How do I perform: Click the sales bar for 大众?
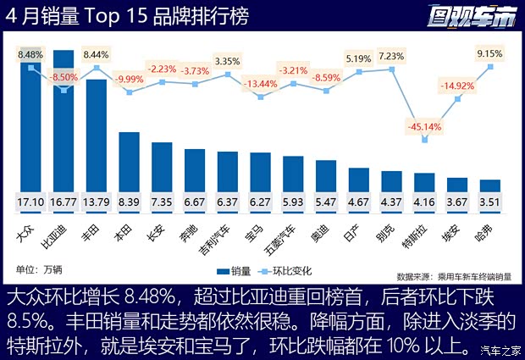click(31, 127)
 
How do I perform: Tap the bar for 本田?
click(129, 165)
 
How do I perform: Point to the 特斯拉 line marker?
click(424, 140)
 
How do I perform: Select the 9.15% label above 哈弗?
click(489, 53)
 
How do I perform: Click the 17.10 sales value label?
click(31, 203)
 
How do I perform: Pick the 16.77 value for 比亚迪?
click(64, 203)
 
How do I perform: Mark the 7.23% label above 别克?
click(391, 56)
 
